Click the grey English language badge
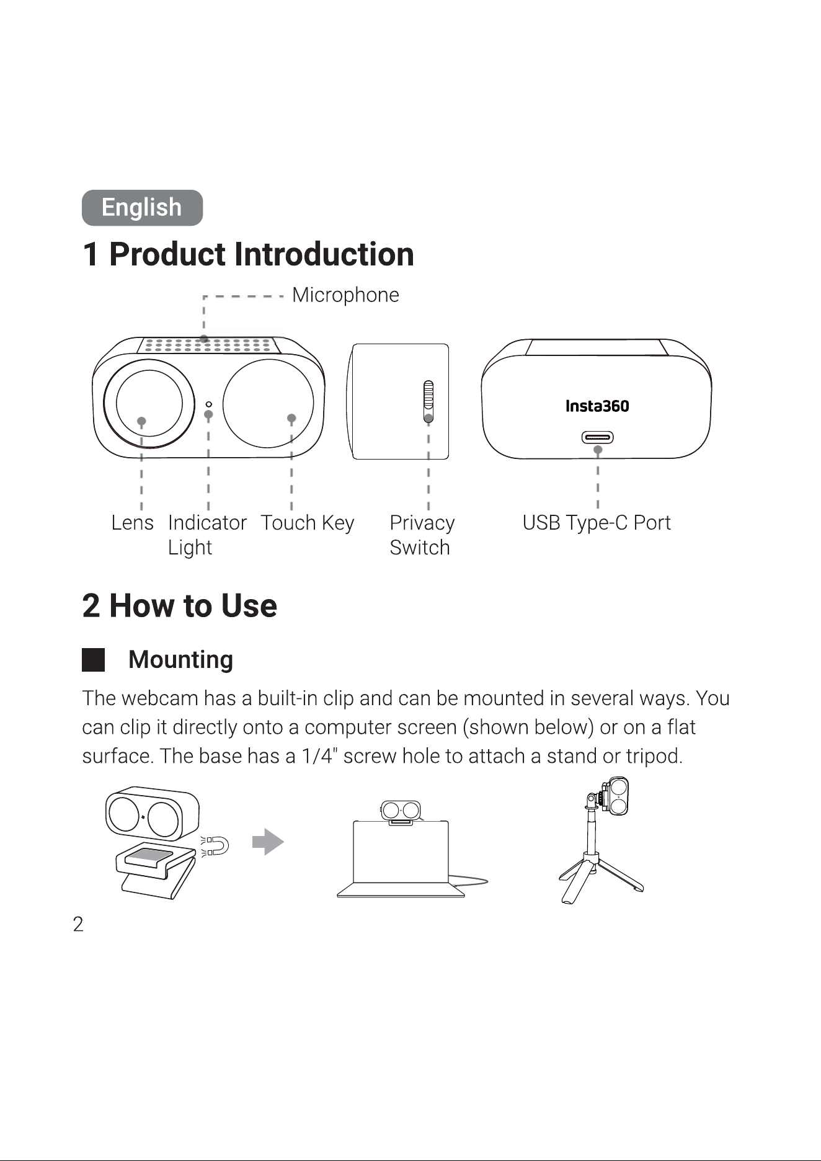click(x=142, y=208)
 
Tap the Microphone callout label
click(x=345, y=295)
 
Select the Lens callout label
click(x=132, y=523)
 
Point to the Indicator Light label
click(x=207, y=535)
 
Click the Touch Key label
click(x=307, y=523)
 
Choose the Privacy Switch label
click(x=422, y=535)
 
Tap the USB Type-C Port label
click(x=597, y=523)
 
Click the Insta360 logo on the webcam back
click(x=597, y=406)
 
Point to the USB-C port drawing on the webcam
click(x=597, y=437)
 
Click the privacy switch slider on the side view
click(x=428, y=400)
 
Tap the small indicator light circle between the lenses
click(x=208, y=404)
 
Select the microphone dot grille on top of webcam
click(x=208, y=345)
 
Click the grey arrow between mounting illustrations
click(x=268, y=842)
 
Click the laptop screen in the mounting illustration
click(x=401, y=852)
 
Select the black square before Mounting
click(x=94, y=660)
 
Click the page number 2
click(x=78, y=925)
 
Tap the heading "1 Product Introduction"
click(x=248, y=254)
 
